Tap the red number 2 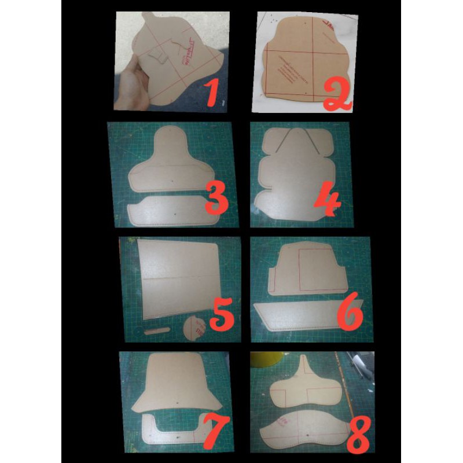[x=337, y=96]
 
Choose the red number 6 [x=347, y=314]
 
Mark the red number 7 [x=215, y=431]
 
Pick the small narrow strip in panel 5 [x=156, y=331]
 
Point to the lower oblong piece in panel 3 [x=168, y=211]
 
